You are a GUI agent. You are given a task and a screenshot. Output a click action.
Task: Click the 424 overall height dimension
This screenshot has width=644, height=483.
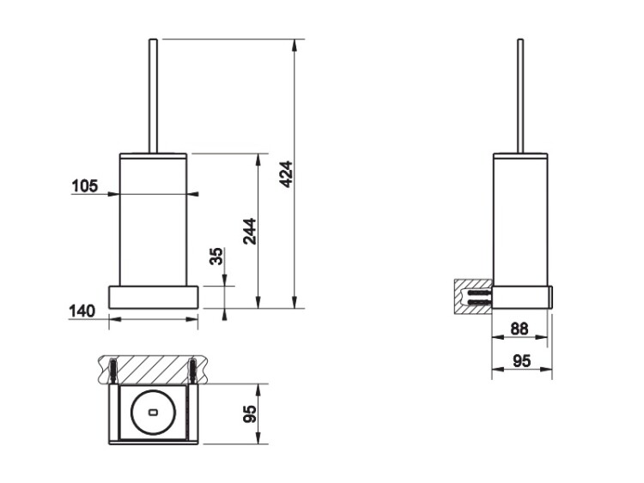[x=286, y=174]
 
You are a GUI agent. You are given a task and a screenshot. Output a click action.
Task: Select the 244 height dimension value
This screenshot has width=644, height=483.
[x=250, y=232]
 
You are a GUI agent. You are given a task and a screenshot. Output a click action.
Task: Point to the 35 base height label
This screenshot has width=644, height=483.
[x=216, y=256]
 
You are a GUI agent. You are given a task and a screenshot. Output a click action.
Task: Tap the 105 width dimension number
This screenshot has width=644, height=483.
[x=85, y=186]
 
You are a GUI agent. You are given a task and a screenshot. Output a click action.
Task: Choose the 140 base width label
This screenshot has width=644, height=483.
[x=82, y=311]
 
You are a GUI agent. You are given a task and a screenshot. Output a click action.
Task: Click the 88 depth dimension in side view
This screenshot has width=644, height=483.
[x=519, y=329]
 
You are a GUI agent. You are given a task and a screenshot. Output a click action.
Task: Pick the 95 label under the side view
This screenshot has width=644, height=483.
[x=521, y=361]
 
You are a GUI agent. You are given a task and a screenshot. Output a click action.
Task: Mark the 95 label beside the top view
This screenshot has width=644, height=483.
[x=250, y=414]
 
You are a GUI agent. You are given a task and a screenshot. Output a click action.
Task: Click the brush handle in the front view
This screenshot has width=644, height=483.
[x=153, y=96]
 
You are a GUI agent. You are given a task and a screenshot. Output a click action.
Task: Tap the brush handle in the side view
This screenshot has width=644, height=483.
[x=520, y=96]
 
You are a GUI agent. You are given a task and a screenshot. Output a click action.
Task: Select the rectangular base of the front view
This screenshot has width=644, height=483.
[x=153, y=297]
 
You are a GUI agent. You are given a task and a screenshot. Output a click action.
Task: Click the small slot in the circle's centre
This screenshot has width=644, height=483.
[x=153, y=412]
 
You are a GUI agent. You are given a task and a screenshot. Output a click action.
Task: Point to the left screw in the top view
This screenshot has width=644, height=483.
[x=113, y=371]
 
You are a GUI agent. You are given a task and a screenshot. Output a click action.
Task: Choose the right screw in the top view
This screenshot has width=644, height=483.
[x=192, y=371]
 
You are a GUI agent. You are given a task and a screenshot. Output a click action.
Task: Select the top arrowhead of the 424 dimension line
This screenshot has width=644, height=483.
[x=294, y=45]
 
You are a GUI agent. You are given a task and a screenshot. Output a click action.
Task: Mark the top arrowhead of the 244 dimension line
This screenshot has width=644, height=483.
[x=258, y=160]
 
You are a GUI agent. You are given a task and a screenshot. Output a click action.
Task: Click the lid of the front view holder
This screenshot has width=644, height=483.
[x=153, y=155]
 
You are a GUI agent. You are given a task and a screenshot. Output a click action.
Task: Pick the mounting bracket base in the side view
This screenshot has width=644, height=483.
[x=522, y=297]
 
